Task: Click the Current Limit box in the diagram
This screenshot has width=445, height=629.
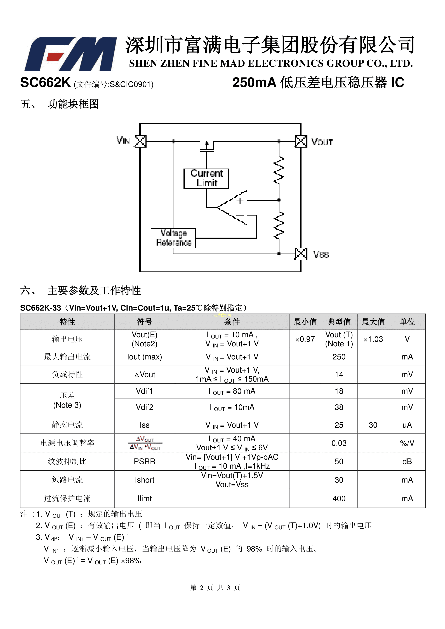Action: point(206,178)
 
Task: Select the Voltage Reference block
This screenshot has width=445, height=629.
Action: point(173,238)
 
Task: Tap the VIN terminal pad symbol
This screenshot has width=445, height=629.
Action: point(141,141)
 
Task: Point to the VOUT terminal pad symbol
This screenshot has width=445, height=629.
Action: point(301,141)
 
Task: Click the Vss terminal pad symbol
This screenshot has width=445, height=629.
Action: point(301,254)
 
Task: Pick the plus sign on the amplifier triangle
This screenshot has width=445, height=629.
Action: point(240,201)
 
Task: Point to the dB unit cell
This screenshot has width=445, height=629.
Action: point(407,461)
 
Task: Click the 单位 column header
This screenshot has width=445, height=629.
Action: point(407,322)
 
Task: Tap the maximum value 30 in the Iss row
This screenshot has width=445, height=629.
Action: point(373,425)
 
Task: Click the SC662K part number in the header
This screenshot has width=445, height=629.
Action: point(45,82)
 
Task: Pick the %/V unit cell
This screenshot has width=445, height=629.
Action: point(407,443)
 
